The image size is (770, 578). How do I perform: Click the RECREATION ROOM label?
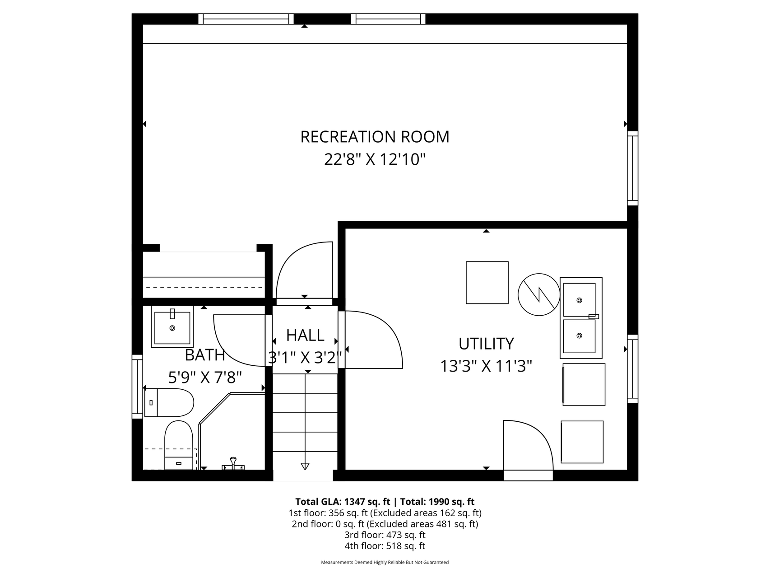pyautogui.click(x=375, y=137)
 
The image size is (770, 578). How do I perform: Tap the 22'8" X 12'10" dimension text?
pyautogui.click(x=375, y=159)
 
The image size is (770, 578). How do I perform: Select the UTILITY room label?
pyautogui.click(x=486, y=344)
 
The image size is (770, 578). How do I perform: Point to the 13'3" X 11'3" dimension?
pyautogui.click(x=486, y=366)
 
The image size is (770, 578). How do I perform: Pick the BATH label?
pyautogui.click(x=205, y=355)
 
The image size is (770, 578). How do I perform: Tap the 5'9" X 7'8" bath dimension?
pyautogui.click(x=205, y=377)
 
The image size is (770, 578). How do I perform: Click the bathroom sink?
pyautogui.click(x=172, y=326)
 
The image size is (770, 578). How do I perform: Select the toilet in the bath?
pyautogui.click(x=169, y=402)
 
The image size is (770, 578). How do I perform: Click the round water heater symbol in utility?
pyautogui.click(x=536, y=295)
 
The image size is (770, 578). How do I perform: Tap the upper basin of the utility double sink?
pyautogui.click(x=580, y=300)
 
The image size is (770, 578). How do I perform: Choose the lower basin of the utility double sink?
pyautogui.click(x=580, y=336)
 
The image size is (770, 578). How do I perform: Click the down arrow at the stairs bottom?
pyautogui.click(x=305, y=466)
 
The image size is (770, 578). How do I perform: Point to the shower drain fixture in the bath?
pyautogui.click(x=233, y=464)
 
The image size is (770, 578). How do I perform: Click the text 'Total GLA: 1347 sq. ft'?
pyautogui.click(x=343, y=501)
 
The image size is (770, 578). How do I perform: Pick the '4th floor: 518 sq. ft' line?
pyautogui.click(x=385, y=545)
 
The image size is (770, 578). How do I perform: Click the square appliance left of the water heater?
pyautogui.click(x=487, y=283)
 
